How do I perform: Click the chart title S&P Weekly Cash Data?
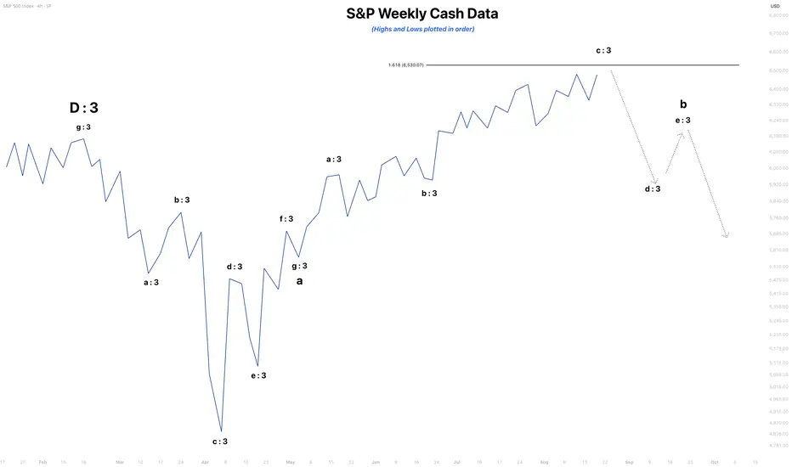pos(422,14)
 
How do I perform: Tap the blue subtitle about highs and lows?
pos(422,29)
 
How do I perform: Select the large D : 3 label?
pos(83,108)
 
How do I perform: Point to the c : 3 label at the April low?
pos(219,441)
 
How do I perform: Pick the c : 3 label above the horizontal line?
pos(603,50)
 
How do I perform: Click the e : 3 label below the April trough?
pos(258,375)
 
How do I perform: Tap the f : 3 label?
pos(286,219)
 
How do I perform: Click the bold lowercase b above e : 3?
pos(683,104)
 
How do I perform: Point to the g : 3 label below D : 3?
pos(83,127)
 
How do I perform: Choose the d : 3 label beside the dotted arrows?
pos(653,188)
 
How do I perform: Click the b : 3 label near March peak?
pos(182,200)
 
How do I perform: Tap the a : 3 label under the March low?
pos(151,282)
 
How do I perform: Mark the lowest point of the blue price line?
pos(221,431)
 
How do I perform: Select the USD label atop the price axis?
pos(774,7)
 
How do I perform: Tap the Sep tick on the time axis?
pos(630,463)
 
